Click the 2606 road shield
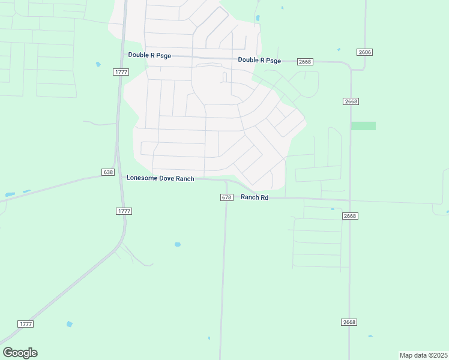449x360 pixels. click(x=364, y=52)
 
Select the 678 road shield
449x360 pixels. click(x=226, y=197)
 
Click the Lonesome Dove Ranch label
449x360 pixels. click(x=160, y=178)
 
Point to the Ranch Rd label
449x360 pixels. click(x=255, y=197)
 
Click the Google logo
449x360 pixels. click(x=20, y=353)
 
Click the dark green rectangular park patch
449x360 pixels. click(x=363, y=126)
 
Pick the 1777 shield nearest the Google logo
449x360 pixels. click(x=25, y=324)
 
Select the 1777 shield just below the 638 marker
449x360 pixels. click(x=124, y=211)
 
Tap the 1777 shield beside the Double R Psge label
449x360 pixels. click(x=120, y=72)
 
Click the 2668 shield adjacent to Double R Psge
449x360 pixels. click(x=306, y=62)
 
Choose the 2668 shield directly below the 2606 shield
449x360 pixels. click(x=351, y=101)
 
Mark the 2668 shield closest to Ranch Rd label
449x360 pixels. click(x=350, y=216)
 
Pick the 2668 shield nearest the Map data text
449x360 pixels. click(x=350, y=322)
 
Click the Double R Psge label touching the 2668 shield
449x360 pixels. click(x=259, y=60)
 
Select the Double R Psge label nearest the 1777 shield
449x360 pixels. click(x=149, y=55)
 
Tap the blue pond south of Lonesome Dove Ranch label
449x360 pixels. click(x=177, y=245)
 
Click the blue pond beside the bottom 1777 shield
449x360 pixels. click(x=70, y=324)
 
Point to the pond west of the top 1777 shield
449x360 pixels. click(x=98, y=64)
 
